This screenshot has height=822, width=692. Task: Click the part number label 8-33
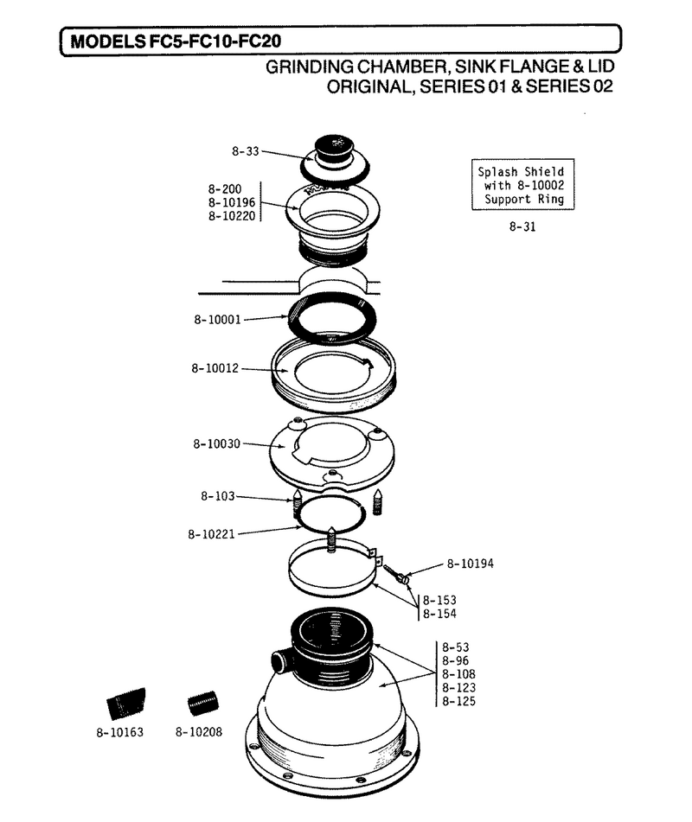(x=246, y=151)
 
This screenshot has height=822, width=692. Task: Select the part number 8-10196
(x=231, y=202)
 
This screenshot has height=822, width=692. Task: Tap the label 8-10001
(x=217, y=320)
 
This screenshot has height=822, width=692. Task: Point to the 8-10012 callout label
(x=215, y=368)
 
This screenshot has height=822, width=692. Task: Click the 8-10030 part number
(x=216, y=444)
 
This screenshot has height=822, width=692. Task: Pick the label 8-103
(x=218, y=496)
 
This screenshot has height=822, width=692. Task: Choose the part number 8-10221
(x=211, y=534)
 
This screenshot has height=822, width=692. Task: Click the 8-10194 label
(x=470, y=564)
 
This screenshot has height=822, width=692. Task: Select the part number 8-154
(x=439, y=614)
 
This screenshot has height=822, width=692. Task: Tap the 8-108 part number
(x=458, y=674)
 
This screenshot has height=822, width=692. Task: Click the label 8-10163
(x=119, y=732)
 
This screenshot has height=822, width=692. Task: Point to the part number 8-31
(x=522, y=227)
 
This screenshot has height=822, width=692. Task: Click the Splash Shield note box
(x=523, y=184)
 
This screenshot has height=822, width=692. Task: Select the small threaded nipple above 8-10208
(x=203, y=703)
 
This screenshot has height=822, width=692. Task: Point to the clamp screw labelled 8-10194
(x=396, y=574)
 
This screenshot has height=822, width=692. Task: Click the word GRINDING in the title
(x=310, y=67)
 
